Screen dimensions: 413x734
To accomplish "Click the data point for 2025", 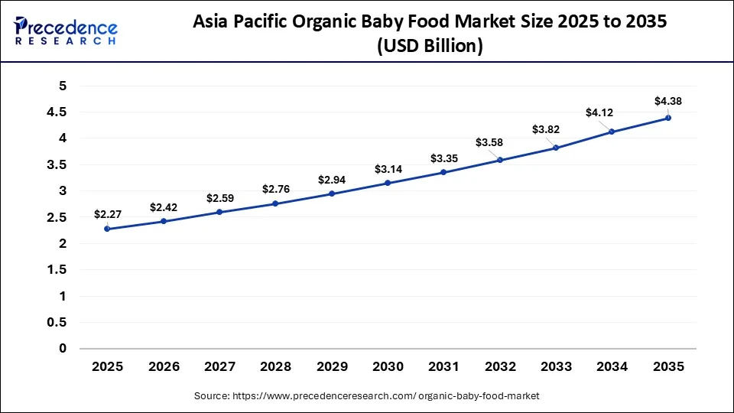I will click(107, 229).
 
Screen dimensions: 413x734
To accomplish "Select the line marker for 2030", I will click(388, 183).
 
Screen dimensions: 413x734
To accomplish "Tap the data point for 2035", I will click(667, 118).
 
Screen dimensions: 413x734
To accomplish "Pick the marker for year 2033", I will click(556, 148).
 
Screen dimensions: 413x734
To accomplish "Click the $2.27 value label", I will click(107, 214).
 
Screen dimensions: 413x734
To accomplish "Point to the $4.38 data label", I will click(667, 101).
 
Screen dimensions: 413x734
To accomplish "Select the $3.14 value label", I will click(388, 168).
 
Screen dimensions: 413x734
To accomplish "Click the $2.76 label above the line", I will click(275, 188).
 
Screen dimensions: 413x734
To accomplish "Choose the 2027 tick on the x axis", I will click(219, 367).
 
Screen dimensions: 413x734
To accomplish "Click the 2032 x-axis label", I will click(499, 367).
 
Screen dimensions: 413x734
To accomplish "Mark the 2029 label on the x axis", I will click(331, 367).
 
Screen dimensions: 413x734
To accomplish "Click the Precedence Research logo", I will click(66, 30).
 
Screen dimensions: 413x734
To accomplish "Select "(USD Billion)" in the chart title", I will click(430, 46).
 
